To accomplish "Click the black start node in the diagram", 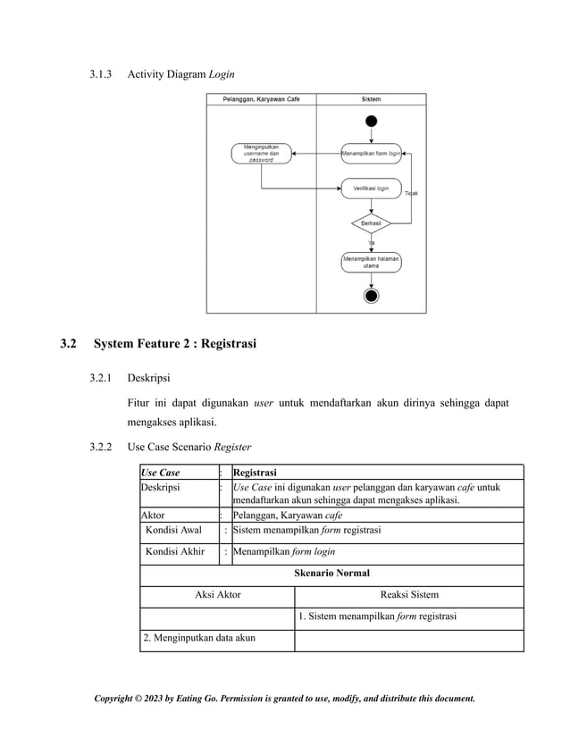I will [x=371, y=121].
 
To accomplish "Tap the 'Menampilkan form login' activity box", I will [x=371, y=154].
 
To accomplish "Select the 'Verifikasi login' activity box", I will [x=371, y=189].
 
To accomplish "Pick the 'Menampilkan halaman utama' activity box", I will [x=371, y=262].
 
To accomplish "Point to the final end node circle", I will [x=371, y=297].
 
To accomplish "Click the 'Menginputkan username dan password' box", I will [x=261, y=154].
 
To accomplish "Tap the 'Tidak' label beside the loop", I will [x=414, y=194].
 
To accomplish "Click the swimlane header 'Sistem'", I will [x=371, y=99].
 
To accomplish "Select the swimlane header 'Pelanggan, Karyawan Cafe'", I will [x=261, y=99].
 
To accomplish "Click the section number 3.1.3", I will [x=101, y=72].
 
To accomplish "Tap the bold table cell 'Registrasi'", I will [x=255, y=472].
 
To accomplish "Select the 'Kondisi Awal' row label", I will [x=173, y=530].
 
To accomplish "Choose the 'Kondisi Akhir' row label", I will [x=175, y=552].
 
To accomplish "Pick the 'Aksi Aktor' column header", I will [x=217, y=594].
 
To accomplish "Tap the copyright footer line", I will [x=285, y=698].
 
